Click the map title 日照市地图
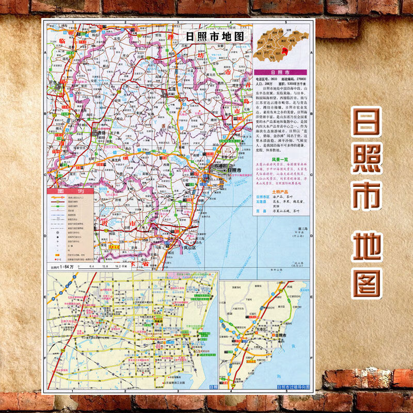(x=216, y=37)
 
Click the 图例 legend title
(x=70, y=192)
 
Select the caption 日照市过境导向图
(x=293, y=386)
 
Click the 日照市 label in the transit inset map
(x=281, y=336)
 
